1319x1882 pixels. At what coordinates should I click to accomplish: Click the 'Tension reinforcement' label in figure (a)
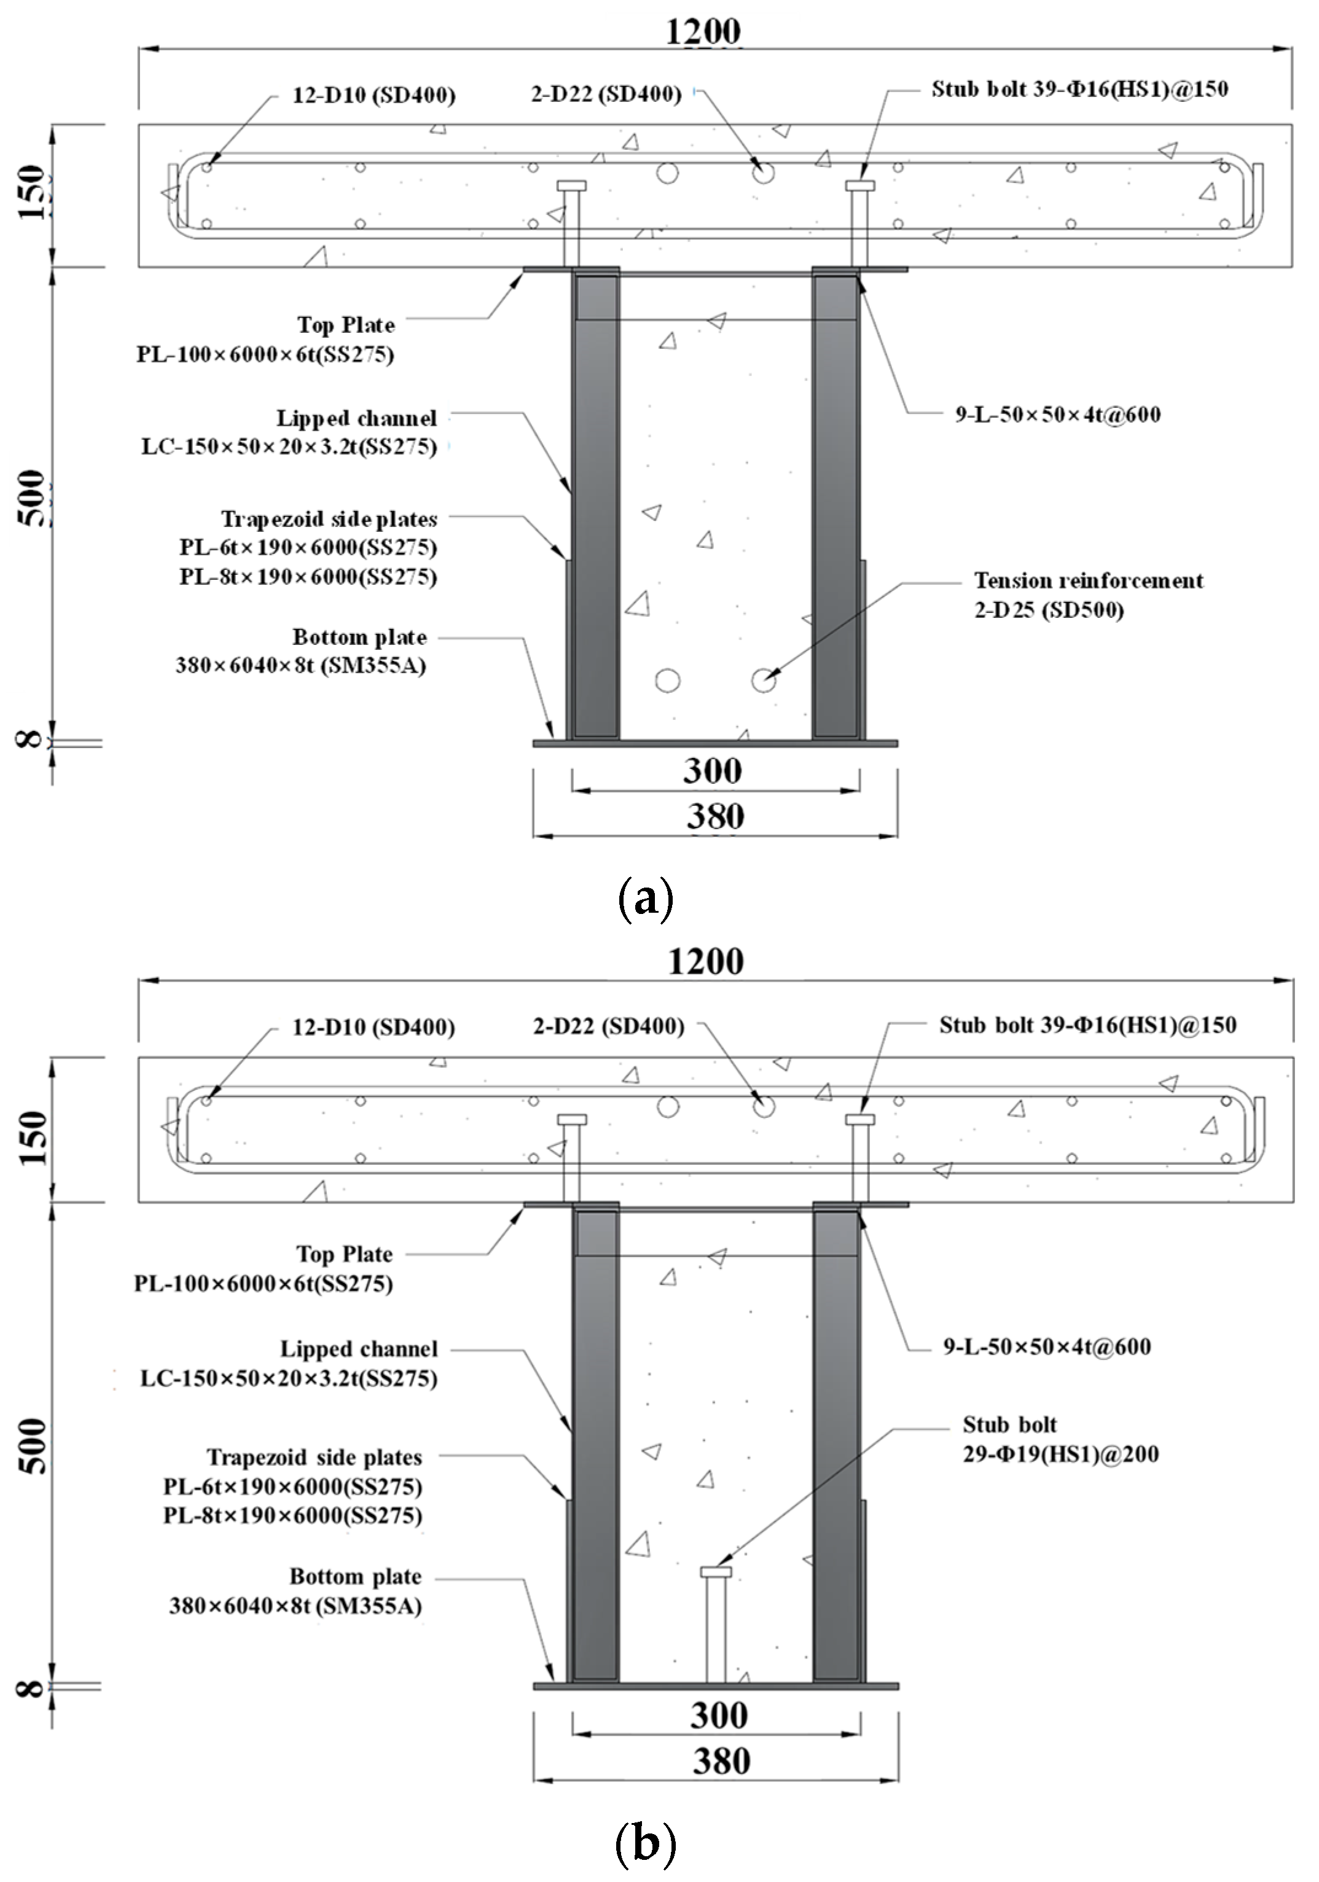coord(1088,580)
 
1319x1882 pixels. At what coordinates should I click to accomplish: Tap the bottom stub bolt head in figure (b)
coord(715,1571)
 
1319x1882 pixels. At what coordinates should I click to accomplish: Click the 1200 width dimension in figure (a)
coord(703,33)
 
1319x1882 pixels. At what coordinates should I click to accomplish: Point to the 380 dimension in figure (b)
coord(721,1760)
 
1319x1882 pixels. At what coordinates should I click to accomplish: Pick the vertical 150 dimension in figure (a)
coord(33,193)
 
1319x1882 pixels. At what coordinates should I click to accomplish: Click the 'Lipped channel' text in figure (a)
coord(356,418)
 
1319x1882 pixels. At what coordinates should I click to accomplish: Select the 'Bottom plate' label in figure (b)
coord(355,1576)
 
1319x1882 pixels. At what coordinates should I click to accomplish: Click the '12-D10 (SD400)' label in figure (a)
coord(374,95)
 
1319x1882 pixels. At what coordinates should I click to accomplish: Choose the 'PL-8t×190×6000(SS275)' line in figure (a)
coord(308,576)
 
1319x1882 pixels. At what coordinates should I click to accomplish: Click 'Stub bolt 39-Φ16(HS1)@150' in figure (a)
coord(1079,88)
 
